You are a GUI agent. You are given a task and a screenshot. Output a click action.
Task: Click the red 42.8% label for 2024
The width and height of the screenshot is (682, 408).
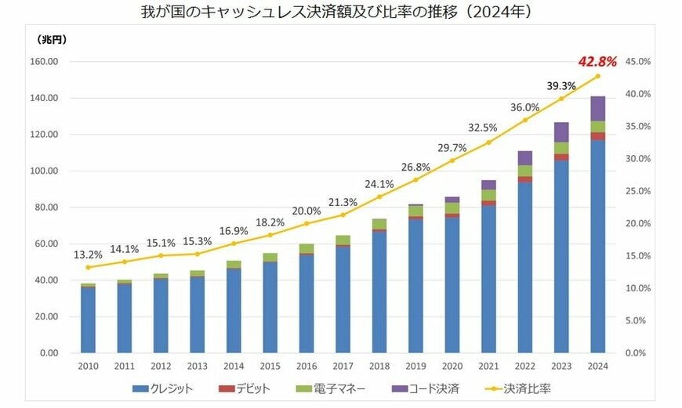tap(598, 61)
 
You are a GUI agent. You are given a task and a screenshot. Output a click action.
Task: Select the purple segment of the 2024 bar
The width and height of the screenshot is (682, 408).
tap(598, 108)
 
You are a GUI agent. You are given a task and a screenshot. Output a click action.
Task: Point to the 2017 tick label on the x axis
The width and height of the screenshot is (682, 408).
tap(343, 365)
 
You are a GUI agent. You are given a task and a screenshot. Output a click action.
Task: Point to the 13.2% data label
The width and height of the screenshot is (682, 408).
tap(88, 255)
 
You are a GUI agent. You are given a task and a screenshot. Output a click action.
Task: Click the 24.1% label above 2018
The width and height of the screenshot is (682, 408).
tap(379, 185)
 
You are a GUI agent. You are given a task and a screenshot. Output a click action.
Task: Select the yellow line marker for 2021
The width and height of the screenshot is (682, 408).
tap(488, 143)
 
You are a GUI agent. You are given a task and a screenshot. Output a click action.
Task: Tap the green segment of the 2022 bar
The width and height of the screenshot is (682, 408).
tap(525, 171)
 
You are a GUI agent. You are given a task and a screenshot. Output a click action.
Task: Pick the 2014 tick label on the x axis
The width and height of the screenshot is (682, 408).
tap(234, 365)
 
